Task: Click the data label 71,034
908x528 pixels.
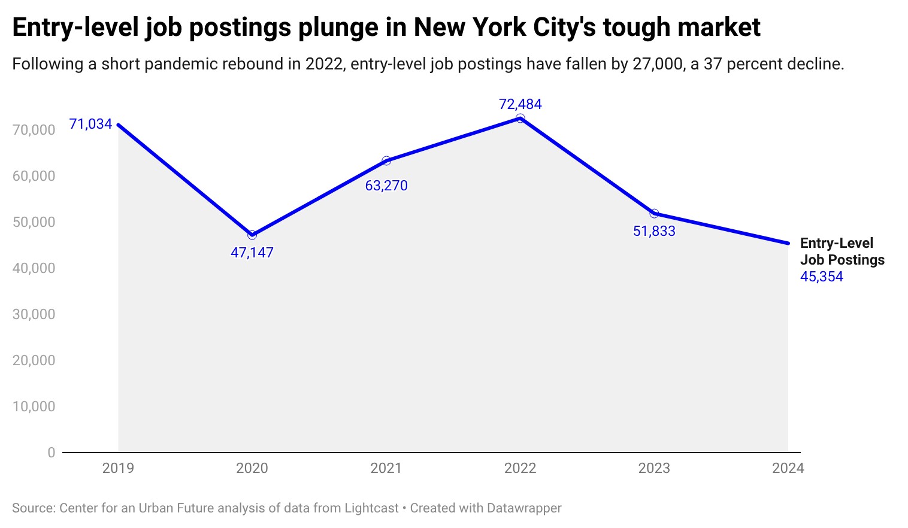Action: [90, 124]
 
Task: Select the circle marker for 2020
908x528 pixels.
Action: [252, 235]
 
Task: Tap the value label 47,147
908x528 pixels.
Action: [252, 253]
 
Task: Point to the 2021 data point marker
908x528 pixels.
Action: [386, 160]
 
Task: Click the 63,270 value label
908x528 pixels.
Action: [386, 186]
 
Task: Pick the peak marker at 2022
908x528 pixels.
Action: [520, 119]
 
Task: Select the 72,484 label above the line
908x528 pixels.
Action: [520, 104]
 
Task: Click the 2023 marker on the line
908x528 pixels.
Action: [654, 214]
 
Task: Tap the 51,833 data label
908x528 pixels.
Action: [654, 231]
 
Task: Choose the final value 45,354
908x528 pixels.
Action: [821, 277]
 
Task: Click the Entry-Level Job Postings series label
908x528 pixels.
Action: [842, 251]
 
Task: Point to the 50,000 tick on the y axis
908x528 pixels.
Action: [34, 222]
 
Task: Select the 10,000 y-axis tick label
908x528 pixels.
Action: [34, 406]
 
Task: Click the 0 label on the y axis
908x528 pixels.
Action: [52, 453]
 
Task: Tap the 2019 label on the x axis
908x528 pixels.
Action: [118, 468]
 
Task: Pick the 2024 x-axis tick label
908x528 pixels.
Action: [788, 468]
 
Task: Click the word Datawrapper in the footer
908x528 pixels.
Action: [524, 508]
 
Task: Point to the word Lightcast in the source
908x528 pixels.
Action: [371, 508]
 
